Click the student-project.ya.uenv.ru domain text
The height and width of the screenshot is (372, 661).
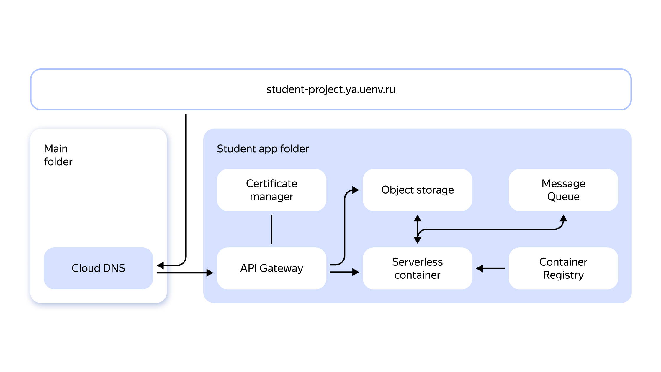tap(330, 89)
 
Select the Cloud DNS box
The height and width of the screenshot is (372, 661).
tap(98, 268)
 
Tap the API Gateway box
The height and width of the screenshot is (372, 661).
tap(271, 268)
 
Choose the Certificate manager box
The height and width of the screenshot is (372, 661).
tap(271, 190)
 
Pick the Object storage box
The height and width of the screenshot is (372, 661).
tap(417, 190)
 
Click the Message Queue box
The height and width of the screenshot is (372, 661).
tap(563, 190)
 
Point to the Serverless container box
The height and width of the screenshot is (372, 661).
tap(417, 268)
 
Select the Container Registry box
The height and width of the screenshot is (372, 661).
tap(563, 268)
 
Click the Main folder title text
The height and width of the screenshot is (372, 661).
tap(58, 155)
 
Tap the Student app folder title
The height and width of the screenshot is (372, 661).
tap(263, 149)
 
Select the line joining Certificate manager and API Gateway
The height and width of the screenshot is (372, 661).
tap(271, 229)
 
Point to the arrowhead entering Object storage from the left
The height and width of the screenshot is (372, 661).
tap(356, 190)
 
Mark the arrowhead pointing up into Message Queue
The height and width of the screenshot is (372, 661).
tap(564, 218)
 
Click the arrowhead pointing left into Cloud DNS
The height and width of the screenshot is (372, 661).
tap(161, 265)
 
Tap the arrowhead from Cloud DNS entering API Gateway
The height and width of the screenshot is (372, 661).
tap(210, 273)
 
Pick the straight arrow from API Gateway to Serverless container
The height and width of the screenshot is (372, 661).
tap(344, 272)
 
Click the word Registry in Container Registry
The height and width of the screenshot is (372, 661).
tap(563, 275)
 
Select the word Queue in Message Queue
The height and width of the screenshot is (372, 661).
tap(563, 197)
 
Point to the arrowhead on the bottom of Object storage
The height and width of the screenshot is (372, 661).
tap(417, 218)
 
